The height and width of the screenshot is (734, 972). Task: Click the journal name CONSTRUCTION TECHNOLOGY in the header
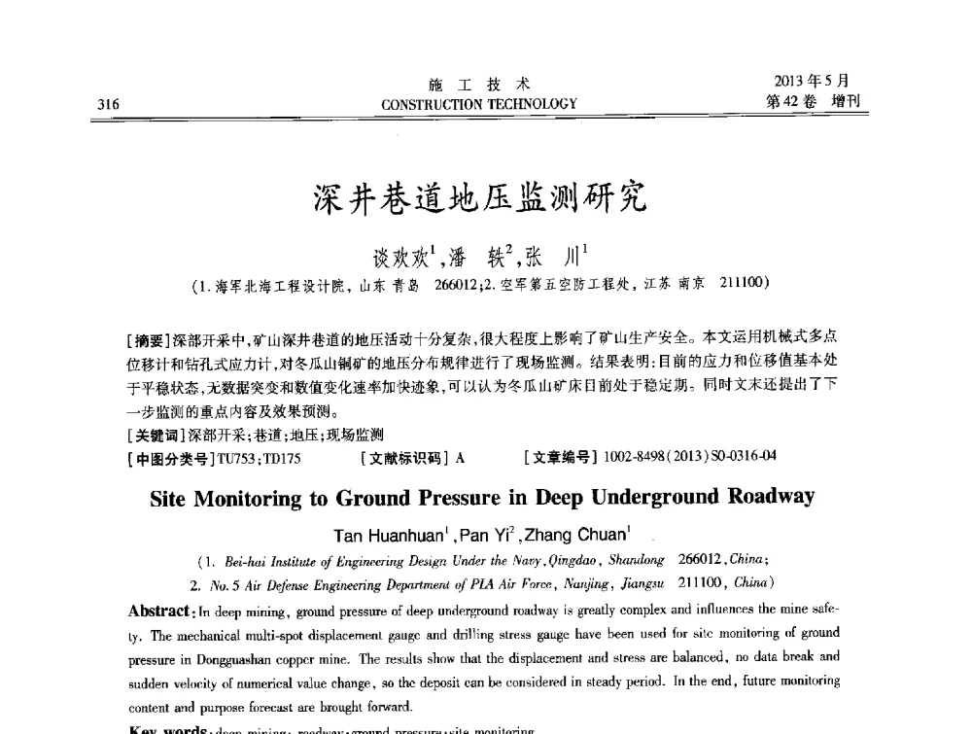480,104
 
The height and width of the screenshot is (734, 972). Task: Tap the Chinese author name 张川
562,259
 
